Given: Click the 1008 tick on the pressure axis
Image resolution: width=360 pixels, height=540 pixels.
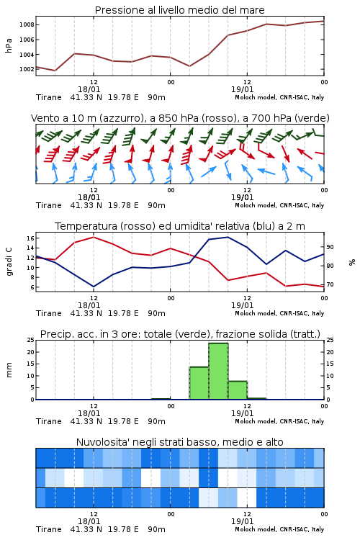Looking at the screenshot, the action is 26,24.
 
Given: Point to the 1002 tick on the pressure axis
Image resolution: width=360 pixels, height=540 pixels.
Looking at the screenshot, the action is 26,69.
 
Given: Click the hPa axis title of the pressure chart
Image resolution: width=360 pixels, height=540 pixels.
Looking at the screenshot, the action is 9,45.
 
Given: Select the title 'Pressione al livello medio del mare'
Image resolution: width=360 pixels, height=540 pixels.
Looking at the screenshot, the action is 180,10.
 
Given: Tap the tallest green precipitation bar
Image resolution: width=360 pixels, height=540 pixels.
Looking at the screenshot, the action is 218,372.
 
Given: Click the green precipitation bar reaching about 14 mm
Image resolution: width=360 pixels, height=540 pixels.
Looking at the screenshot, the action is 199,383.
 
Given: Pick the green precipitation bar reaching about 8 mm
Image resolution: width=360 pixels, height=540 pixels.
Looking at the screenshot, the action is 238,390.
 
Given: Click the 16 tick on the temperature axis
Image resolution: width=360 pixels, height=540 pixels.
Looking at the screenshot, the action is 30,238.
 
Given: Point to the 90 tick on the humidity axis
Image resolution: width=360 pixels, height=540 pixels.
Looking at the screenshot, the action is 330,247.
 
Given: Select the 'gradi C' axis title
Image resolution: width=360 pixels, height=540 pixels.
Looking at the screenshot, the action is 9,261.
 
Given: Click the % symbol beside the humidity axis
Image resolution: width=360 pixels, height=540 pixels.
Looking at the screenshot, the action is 352,262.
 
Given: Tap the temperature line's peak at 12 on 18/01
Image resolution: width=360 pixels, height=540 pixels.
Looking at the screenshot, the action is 94,237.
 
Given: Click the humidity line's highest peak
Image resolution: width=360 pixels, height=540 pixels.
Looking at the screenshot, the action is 228,237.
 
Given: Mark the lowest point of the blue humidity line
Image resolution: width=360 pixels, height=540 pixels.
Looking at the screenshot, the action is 94,287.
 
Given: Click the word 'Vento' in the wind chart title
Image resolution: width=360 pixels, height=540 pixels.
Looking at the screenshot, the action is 42,118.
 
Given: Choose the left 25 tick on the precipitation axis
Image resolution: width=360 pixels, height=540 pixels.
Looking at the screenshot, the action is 30,340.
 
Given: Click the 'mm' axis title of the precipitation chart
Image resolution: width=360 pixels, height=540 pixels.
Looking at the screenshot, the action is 9,370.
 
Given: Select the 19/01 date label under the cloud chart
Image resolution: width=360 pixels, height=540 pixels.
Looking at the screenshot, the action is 242,521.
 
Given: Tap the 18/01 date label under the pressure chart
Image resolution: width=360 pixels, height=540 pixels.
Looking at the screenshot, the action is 89,89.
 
